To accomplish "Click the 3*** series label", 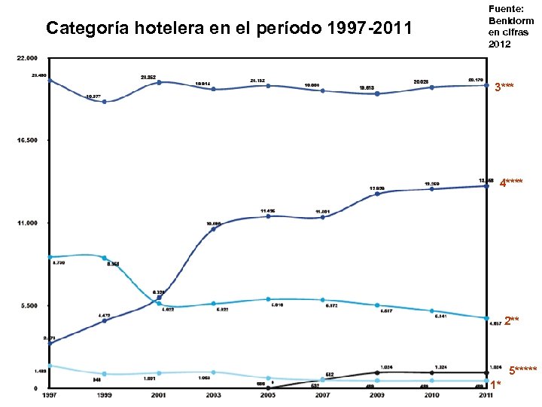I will click(504, 87).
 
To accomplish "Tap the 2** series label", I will click(511, 321).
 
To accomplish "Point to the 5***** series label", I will click(522, 370).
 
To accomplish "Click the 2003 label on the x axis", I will click(213, 394).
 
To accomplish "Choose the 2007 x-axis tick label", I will click(322, 394).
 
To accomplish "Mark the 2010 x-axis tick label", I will click(431, 394).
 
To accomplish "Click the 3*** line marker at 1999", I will click(104, 102).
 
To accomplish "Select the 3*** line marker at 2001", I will click(159, 82).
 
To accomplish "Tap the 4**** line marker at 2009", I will click(377, 194).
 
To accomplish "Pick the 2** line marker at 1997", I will click(50, 257).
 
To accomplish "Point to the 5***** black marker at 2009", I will click(377, 372).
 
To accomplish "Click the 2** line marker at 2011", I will click(486, 318).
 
